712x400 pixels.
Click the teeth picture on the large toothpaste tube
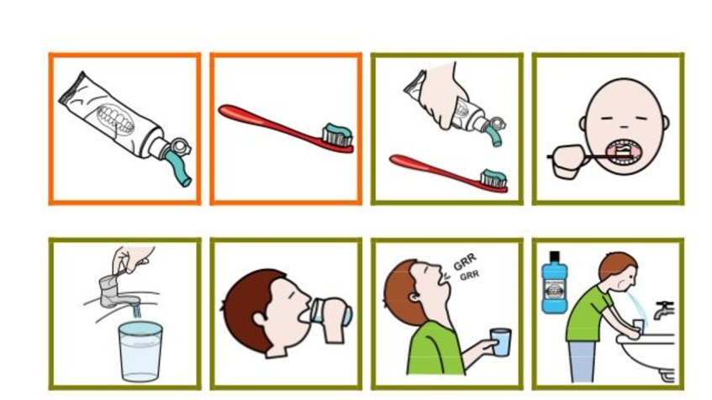click(x=116, y=118)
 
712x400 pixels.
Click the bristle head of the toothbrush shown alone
click(x=337, y=135)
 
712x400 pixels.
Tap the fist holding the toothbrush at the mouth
click(x=568, y=161)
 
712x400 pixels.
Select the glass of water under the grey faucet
click(x=140, y=351)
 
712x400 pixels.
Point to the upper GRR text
click(x=465, y=261)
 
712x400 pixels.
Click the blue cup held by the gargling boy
click(x=501, y=342)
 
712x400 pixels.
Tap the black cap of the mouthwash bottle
click(x=555, y=256)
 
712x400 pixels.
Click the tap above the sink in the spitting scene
click(x=663, y=309)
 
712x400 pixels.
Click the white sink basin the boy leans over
click(x=648, y=354)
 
